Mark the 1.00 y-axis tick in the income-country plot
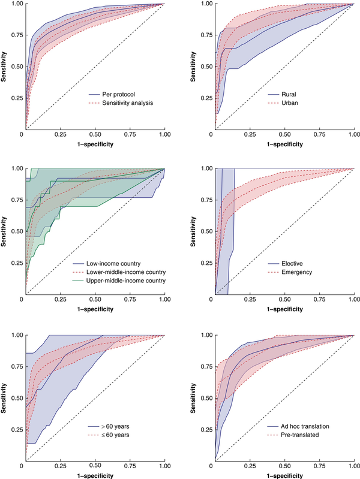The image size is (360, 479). tap(16, 168)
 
